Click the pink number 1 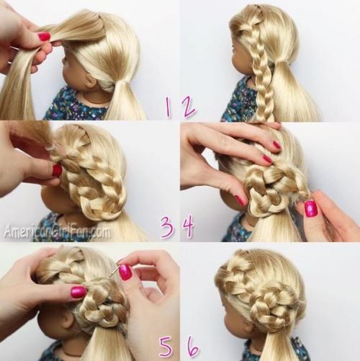tap(168, 107)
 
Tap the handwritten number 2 tap(187, 107)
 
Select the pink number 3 tap(167, 227)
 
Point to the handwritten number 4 tap(189, 226)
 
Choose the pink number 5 tap(166, 347)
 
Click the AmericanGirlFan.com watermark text tap(58, 232)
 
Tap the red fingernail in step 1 tap(44, 37)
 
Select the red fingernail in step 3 tap(57, 170)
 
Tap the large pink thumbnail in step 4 tap(311, 208)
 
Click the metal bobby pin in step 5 tap(113, 270)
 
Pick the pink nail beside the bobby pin tap(125, 272)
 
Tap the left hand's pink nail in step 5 tap(78, 292)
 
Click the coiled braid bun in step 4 tap(271, 186)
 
